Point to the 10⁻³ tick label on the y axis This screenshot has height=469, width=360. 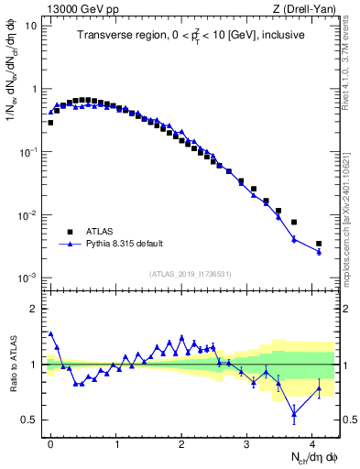28,278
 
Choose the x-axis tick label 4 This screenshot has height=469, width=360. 312,443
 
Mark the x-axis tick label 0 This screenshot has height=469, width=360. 51,443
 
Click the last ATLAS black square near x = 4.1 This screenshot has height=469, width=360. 319,244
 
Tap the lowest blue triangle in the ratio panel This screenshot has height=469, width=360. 294,414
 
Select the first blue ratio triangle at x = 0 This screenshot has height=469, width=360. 50,334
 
